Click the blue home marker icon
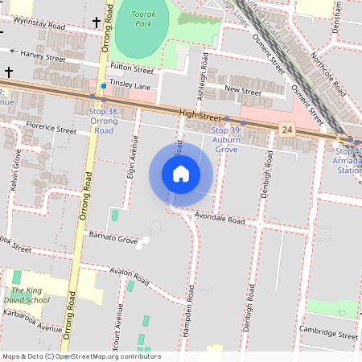tap(181, 173)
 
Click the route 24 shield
tap(286, 129)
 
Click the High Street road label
tap(200, 116)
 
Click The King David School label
tap(30, 295)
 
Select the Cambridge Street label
tap(327, 334)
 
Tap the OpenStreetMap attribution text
tap(80, 356)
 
